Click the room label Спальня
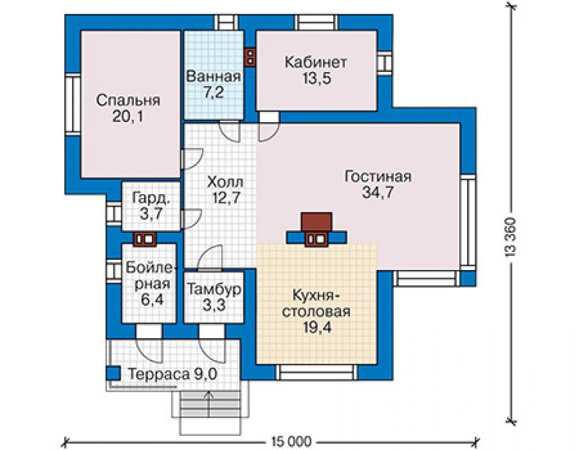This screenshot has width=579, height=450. [x=128, y=100]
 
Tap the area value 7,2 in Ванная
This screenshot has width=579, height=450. [x=214, y=92]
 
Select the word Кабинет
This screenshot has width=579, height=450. [x=316, y=62]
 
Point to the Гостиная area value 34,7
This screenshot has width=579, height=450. [x=378, y=193]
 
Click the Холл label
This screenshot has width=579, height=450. [x=225, y=182]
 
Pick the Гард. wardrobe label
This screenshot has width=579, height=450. [x=152, y=199]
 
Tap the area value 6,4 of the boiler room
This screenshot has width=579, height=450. [x=152, y=300]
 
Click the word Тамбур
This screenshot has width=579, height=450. [x=214, y=289]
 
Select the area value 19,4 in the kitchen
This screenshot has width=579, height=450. [x=317, y=327]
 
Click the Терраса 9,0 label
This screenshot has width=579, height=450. [x=172, y=374]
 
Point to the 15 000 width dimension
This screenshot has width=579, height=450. [x=291, y=441]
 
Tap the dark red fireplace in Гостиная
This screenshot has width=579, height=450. [x=316, y=221]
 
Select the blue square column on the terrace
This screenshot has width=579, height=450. [x=113, y=373]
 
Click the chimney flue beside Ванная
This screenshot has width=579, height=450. [x=250, y=56]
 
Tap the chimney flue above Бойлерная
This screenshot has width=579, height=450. [x=145, y=239]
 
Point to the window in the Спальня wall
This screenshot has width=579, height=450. [x=73, y=105]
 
